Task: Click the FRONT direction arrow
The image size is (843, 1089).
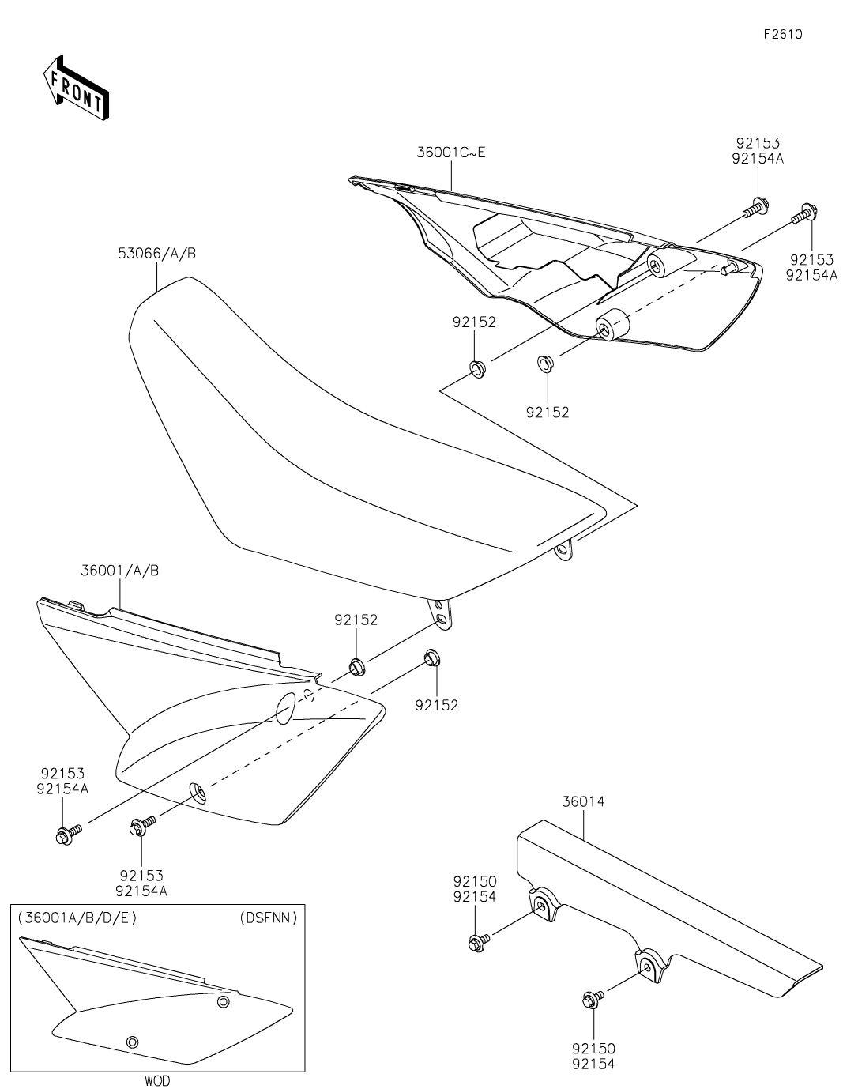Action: pos(76,87)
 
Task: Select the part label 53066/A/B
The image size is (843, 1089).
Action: pos(157,254)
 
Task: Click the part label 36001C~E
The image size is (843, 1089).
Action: pos(451,152)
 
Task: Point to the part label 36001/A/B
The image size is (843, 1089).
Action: pos(119,570)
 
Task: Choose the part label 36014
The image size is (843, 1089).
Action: pos(583,801)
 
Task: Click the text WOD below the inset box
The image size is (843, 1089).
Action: pos(157,1080)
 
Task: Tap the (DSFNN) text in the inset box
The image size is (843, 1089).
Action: pos(268,918)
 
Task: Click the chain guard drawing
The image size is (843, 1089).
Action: pos(672,909)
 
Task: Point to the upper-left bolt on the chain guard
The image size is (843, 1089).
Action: pos(476,941)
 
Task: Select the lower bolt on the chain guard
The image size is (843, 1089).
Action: pos(590,999)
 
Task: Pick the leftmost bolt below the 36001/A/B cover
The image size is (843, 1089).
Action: pos(65,835)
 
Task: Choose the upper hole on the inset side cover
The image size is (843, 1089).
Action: pos(224,1002)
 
